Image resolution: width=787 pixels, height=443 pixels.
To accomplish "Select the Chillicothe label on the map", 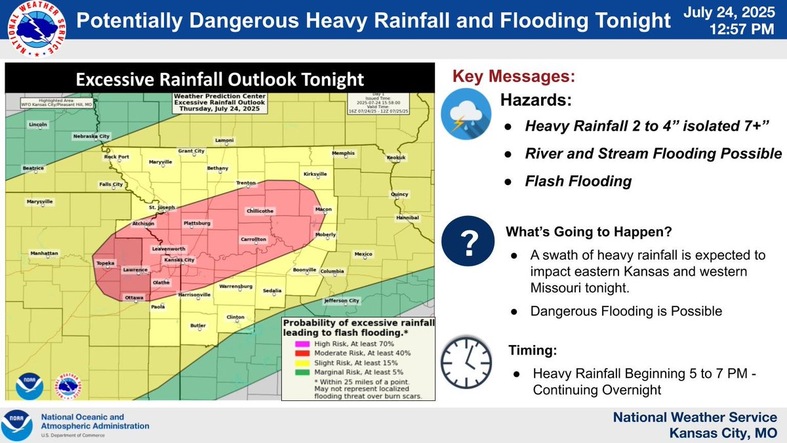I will pyautogui.click(x=260, y=211).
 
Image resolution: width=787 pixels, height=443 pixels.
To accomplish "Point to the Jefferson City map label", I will pyautogui.click(x=342, y=301).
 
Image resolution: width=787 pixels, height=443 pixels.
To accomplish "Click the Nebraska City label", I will pyautogui.click(x=91, y=137).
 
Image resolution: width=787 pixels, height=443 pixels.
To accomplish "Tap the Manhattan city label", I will pyautogui.click(x=44, y=253).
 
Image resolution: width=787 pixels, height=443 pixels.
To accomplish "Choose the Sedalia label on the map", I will pyautogui.click(x=272, y=290).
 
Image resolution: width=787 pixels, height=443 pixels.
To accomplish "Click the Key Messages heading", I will pyautogui.click(x=513, y=76).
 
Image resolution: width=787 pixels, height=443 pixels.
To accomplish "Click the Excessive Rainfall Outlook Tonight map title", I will pyautogui.click(x=220, y=79).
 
